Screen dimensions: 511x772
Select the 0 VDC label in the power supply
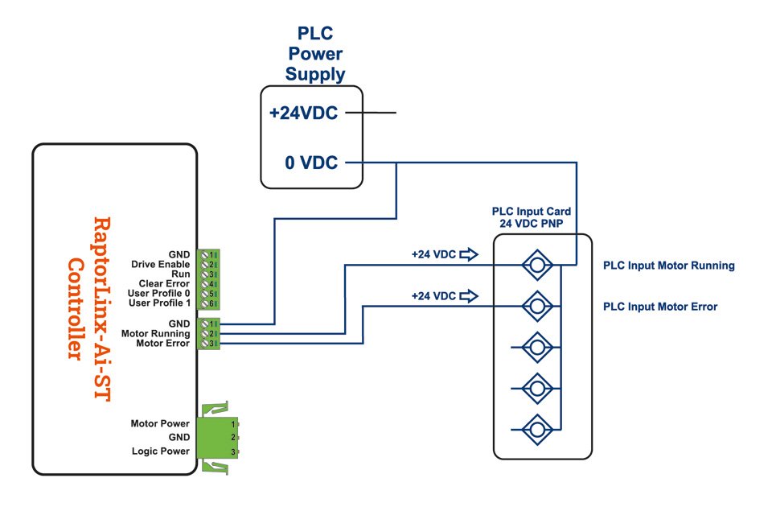(311, 163)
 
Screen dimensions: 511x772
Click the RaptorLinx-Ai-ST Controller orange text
(88, 287)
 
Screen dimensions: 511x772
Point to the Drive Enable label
(161, 264)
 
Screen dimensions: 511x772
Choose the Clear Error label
(165, 283)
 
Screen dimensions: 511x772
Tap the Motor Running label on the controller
(155, 333)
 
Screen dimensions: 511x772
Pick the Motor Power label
(160, 423)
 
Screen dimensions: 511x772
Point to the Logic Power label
(161, 451)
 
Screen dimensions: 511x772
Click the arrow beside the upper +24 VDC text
(468, 254)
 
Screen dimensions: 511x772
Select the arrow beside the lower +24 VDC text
(468, 296)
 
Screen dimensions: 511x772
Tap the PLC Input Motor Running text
(668, 266)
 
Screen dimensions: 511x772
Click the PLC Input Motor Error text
(659, 307)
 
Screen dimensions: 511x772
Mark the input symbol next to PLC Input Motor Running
(536, 264)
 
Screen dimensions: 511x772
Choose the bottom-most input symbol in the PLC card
(536, 427)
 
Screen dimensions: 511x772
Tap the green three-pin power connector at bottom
(218, 437)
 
